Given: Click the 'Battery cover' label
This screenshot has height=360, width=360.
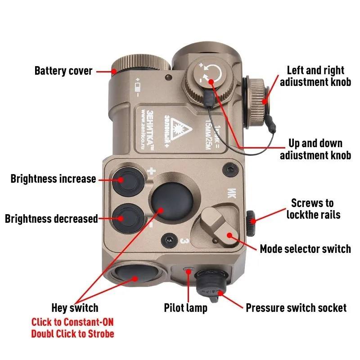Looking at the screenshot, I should tap(63, 71).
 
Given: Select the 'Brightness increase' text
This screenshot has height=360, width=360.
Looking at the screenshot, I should tap(53, 179).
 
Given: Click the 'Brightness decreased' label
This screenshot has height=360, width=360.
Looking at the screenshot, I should tap(51, 219).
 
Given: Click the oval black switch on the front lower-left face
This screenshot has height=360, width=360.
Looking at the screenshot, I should tap(130, 275).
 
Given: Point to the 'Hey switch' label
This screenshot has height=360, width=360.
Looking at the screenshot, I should tap(75, 308).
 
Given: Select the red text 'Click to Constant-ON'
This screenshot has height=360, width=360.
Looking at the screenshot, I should tap(72, 322).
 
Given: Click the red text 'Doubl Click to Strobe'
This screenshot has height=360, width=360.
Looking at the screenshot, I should tap(72, 334).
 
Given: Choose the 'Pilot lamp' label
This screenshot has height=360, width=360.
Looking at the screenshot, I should tap(185, 308).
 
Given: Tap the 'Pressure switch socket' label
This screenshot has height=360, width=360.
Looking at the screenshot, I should tap(296, 308).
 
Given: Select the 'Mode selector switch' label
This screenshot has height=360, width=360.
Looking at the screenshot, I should tap(305, 248).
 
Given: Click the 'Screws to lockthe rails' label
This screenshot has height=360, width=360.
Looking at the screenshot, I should tap(313, 209).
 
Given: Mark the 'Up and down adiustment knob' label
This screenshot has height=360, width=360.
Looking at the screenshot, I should tap(315, 149).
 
